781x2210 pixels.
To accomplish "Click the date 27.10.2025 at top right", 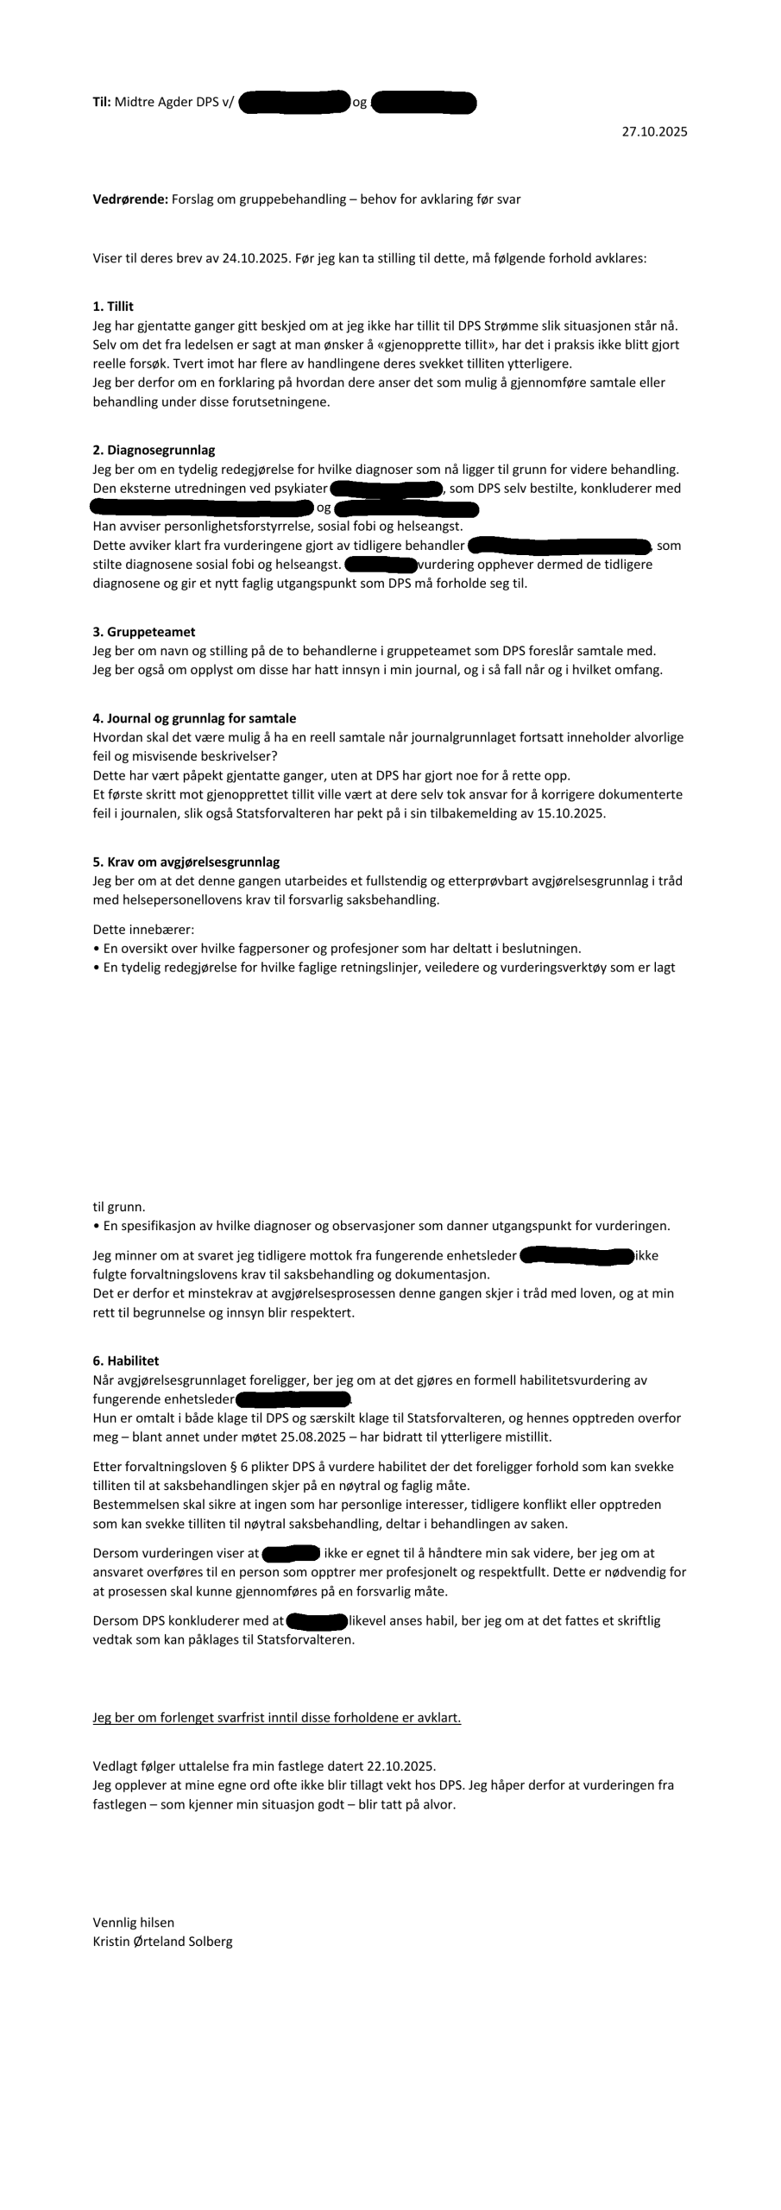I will (654, 132).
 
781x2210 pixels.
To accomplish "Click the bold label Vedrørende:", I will (130, 199).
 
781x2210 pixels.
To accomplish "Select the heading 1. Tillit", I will (113, 306).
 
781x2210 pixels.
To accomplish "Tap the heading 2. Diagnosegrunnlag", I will (154, 450).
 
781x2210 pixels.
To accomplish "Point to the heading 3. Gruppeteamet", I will (143, 632).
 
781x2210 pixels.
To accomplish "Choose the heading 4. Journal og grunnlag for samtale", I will (194, 718).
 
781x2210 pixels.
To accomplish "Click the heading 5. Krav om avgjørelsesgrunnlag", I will (186, 862).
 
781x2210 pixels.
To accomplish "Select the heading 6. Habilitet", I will (126, 1361).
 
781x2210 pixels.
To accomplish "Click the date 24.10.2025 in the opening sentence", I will (255, 258).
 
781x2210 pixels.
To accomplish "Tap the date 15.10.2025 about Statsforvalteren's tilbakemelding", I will (573, 813).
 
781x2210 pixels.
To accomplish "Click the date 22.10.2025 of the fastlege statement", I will (401, 1766).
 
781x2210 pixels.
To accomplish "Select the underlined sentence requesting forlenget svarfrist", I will (277, 1718).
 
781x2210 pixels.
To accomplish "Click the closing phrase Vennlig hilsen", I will (134, 1923).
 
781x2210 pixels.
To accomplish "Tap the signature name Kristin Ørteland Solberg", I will (162, 1942).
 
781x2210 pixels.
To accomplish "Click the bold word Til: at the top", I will (102, 102).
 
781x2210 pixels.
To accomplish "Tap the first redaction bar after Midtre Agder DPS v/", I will (294, 103).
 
